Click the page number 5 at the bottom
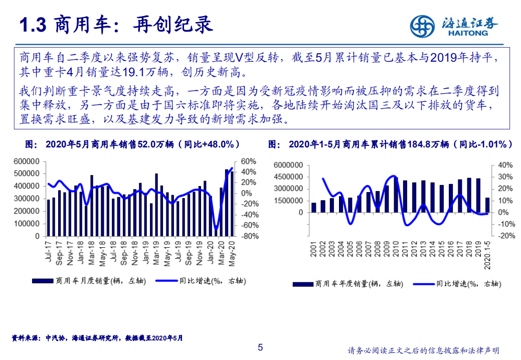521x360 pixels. coord(260,347)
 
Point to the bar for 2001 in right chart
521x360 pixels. coord(314,208)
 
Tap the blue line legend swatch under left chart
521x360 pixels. coord(166,281)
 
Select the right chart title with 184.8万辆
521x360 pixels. coord(391,144)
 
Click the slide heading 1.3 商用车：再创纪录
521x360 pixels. coord(115,25)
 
